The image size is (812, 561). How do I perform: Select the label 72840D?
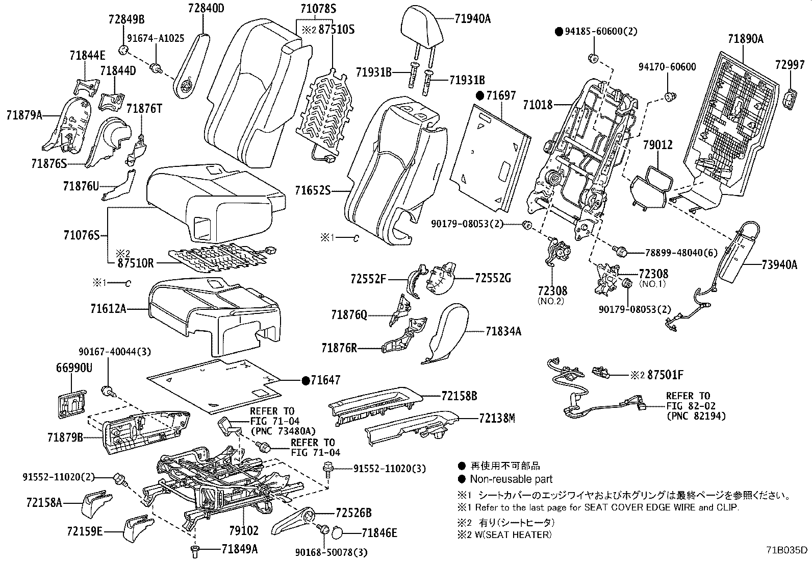[206, 9]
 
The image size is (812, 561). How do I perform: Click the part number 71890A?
[745, 39]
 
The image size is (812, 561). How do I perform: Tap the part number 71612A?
[108, 308]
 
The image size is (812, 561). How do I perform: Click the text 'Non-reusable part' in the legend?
[511, 479]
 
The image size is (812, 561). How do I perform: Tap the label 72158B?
[459, 396]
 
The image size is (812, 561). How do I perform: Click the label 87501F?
[665, 375]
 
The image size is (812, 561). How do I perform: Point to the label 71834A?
[503, 331]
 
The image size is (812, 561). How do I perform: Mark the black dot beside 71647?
[306, 380]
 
